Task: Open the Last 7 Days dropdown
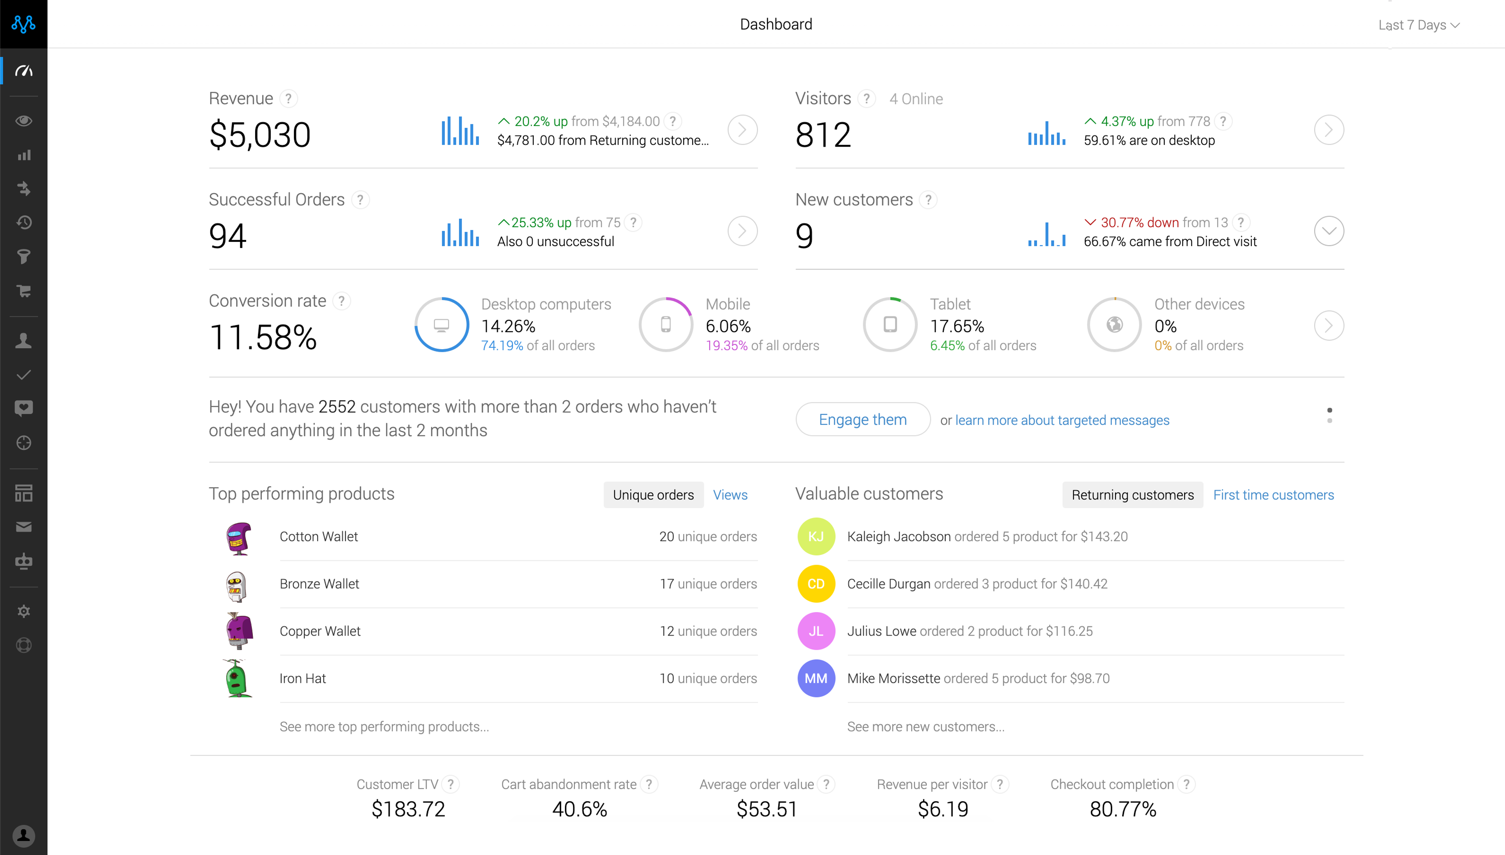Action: point(1418,25)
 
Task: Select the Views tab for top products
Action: point(730,495)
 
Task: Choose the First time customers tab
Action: point(1273,495)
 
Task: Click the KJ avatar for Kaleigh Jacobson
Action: point(816,536)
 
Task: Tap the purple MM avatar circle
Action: point(816,678)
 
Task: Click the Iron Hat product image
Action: point(238,678)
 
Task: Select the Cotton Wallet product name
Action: point(318,536)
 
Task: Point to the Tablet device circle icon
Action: point(890,324)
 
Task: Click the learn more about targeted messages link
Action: point(1062,420)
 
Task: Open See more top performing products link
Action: point(384,726)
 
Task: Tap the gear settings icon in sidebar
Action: point(24,611)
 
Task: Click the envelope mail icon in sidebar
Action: point(24,527)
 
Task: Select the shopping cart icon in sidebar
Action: point(24,291)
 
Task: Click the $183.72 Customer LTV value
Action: point(408,809)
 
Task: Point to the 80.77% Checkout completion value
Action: point(1122,809)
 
